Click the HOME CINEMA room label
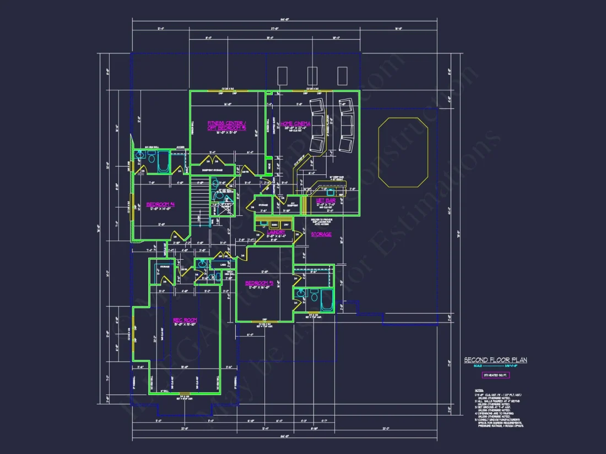point(295,124)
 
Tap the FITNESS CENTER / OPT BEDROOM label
point(226,125)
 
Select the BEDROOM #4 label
point(160,205)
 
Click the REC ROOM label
point(185,320)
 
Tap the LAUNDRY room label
point(275,233)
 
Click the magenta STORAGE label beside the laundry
point(321,234)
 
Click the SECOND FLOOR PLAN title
point(495,360)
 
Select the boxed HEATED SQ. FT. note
point(495,375)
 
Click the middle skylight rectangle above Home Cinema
point(312,76)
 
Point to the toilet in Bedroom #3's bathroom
point(313,295)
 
